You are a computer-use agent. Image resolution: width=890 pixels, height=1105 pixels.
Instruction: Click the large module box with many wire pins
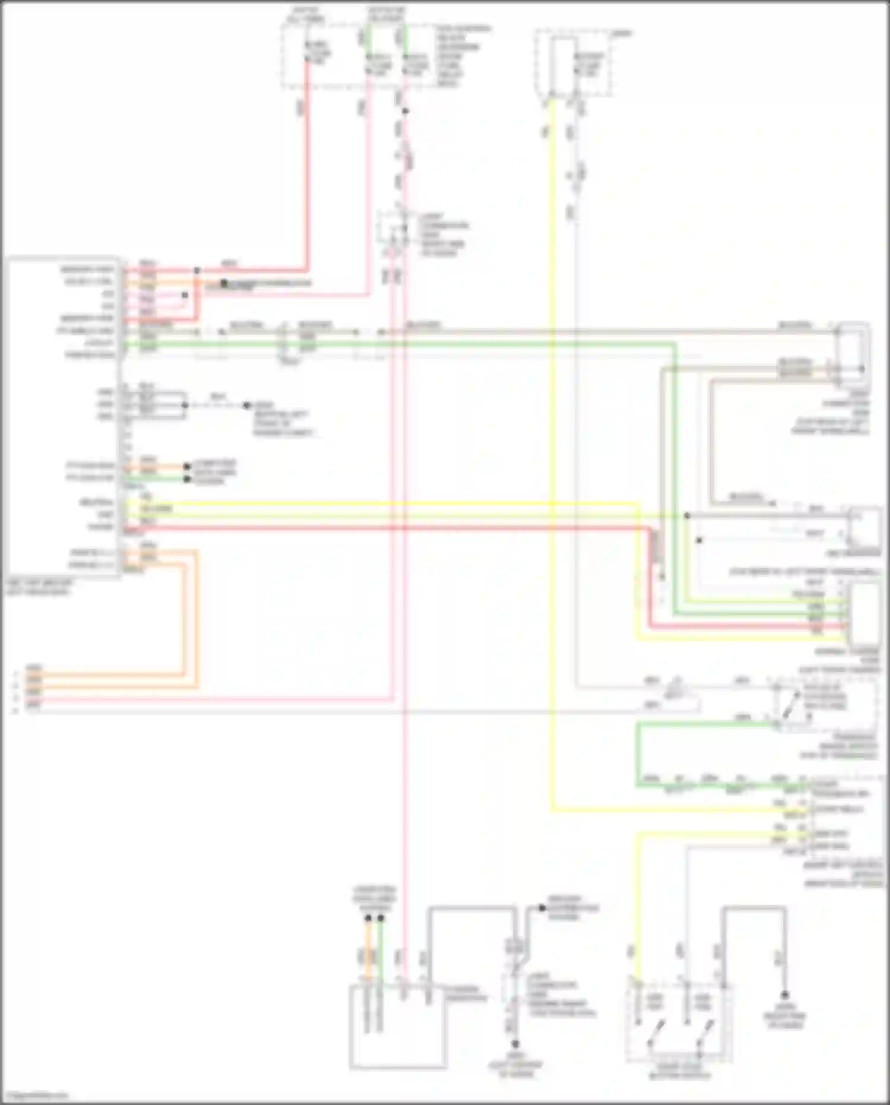pos(62,416)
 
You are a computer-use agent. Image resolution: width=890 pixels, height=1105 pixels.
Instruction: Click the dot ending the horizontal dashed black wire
pos(247,406)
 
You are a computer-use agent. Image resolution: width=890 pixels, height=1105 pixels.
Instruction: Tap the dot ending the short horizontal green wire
pos(187,479)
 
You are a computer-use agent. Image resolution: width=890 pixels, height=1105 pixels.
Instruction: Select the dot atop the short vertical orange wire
pos(368,918)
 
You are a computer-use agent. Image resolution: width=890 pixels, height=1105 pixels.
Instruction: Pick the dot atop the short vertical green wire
pos(380,918)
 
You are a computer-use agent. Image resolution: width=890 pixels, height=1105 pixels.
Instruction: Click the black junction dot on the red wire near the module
pos(197,271)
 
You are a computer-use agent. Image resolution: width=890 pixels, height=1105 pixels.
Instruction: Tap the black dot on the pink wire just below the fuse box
pos(405,111)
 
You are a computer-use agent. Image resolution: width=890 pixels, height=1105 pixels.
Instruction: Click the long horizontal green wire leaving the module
pos(415,343)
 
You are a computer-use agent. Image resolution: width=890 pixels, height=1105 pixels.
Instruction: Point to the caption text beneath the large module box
pos(39,588)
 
